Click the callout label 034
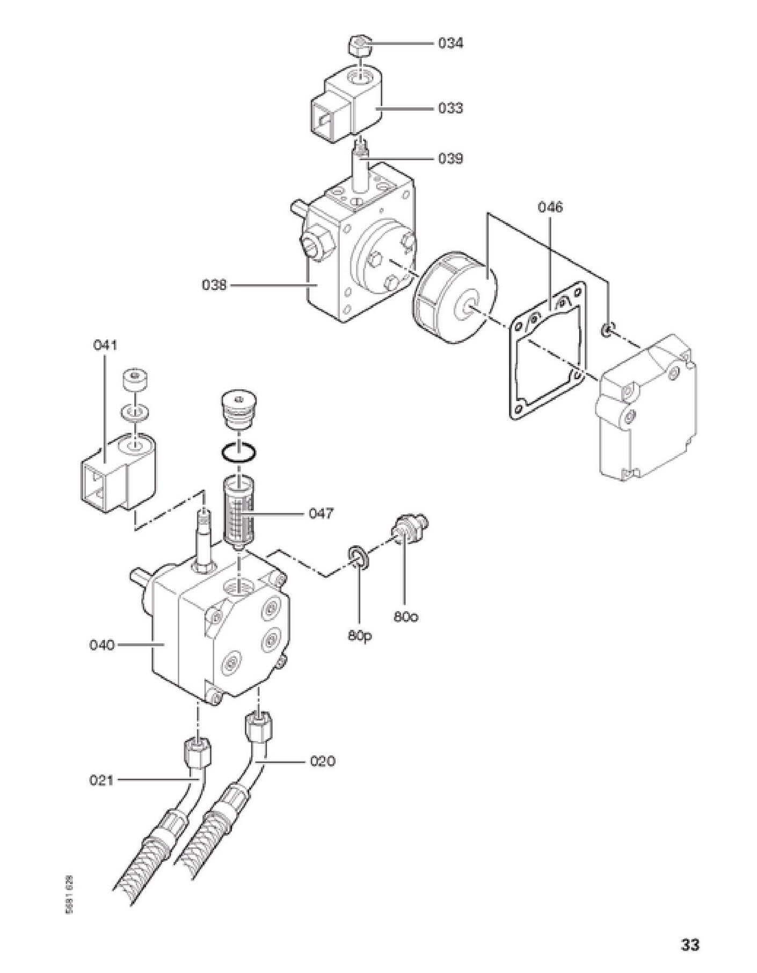tap(450, 43)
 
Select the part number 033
tap(450, 108)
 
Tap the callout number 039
tap(450, 158)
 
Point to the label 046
tap(551, 207)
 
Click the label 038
tap(214, 285)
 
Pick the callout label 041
tap(105, 345)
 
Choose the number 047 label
tap(321, 514)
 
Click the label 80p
tap(360, 635)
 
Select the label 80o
tap(406, 617)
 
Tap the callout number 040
tap(102, 644)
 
